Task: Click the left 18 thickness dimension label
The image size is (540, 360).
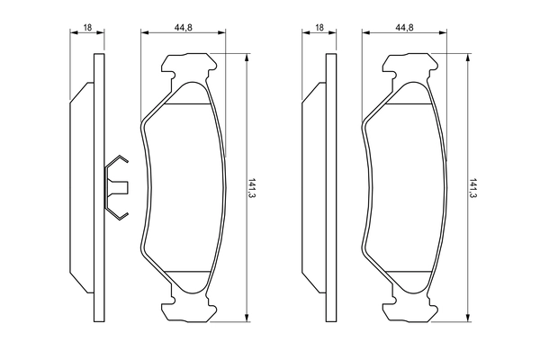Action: point(87,29)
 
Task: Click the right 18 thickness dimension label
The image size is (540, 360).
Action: point(319,29)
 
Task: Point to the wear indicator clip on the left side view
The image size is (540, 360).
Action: point(118,187)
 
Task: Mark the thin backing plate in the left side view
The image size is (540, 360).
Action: point(96,187)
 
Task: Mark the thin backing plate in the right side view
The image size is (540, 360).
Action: point(327,187)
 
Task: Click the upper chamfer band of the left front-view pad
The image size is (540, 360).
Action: point(187,96)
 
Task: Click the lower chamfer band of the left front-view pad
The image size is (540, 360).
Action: point(187,278)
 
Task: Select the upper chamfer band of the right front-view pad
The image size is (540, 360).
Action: point(409,96)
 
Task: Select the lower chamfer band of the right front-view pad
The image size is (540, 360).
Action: point(409,278)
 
